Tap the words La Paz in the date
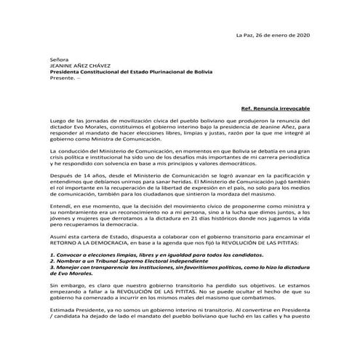[x=246, y=36]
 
